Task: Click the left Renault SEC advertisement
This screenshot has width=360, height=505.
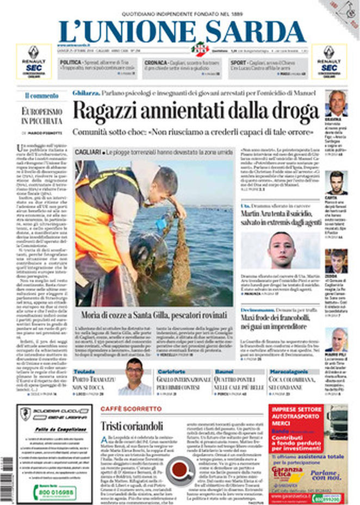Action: (34, 61)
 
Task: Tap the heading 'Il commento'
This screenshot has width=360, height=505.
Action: (41, 96)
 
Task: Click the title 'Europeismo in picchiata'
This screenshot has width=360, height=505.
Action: (42, 116)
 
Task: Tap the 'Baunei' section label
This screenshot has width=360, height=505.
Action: (225, 371)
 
